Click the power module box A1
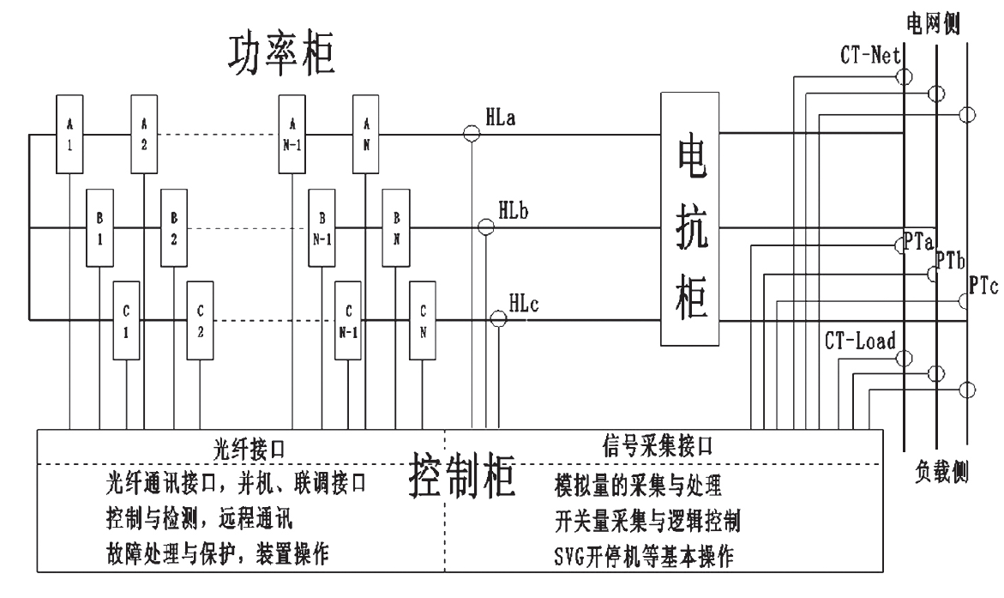pos(69,134)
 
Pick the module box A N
pos(366,134)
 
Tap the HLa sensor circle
pos(471,133)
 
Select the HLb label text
pos(514,208)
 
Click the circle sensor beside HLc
pos(498,319)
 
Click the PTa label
pos(918,243)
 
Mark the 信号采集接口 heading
pos(658,446)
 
